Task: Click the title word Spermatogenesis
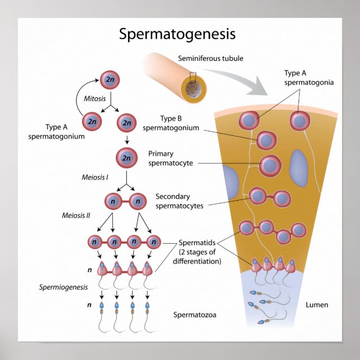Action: click(177, 34)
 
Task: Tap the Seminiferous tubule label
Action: click(211, 59)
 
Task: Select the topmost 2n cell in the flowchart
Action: click(108, 80)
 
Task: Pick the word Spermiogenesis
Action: click(64, 287)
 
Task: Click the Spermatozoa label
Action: click(195, 315)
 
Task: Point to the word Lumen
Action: click(317, 305)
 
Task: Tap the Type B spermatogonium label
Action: click(171, 123)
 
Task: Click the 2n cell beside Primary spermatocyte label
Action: click(126, 158)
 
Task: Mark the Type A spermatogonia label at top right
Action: click(309, 78)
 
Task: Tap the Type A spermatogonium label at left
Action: click(65, 131)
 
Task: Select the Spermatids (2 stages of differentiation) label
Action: click(200, 252)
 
